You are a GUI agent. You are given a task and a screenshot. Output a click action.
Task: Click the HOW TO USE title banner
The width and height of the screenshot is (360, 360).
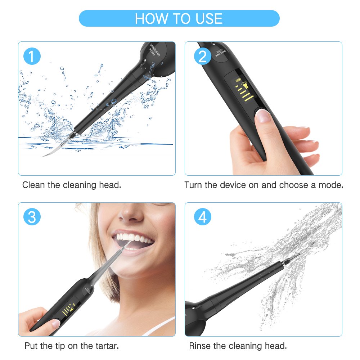(x=179, y=18)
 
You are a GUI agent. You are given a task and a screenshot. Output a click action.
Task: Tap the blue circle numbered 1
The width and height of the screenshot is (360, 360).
(x=32, y=57)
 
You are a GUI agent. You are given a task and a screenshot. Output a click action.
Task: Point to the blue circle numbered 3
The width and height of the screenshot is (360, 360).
(x=32, y=217)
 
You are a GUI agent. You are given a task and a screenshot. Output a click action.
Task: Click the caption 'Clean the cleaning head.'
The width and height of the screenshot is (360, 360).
(x=72, y=185)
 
